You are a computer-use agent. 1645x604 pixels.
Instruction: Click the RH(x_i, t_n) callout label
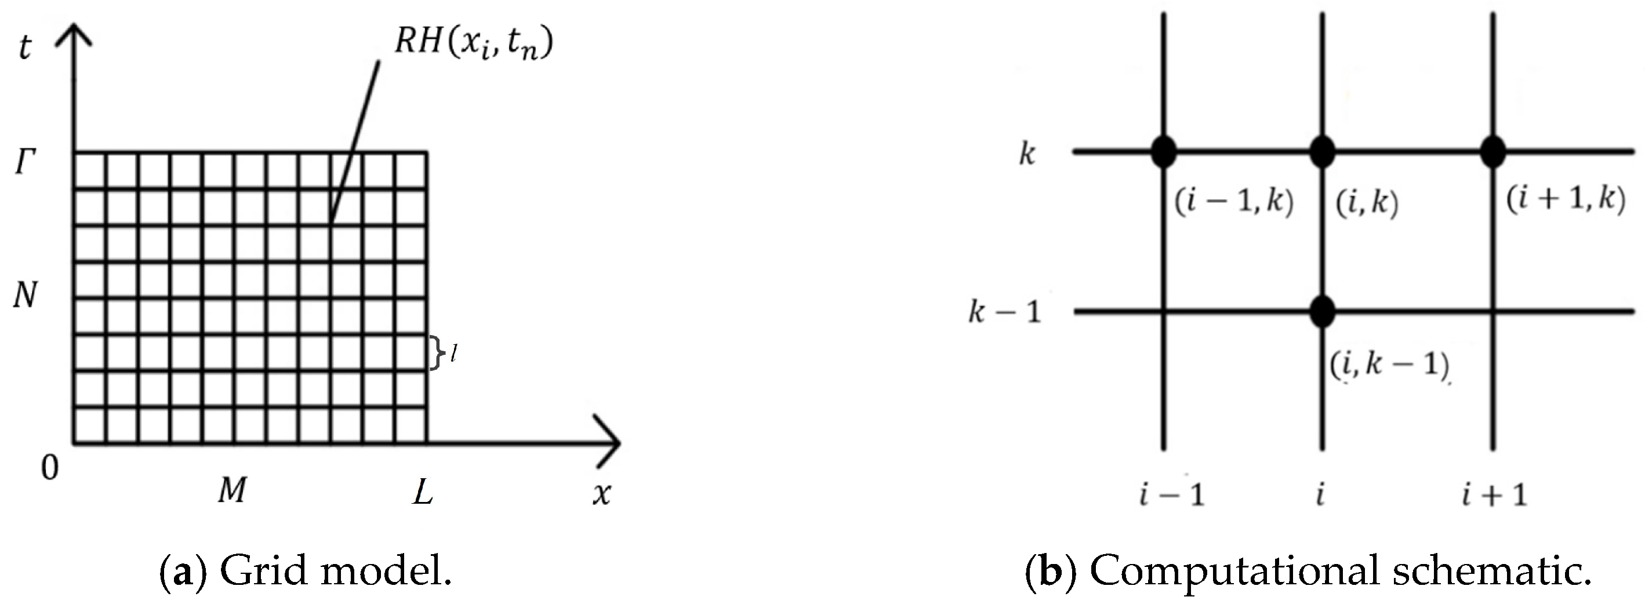coord(473,43)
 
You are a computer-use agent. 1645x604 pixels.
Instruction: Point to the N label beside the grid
coord(25,296)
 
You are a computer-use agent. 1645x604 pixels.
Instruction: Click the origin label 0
coord(49,468)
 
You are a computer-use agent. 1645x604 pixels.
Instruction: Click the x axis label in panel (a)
coord(601,493)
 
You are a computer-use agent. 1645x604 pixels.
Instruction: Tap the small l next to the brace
coord(453,353)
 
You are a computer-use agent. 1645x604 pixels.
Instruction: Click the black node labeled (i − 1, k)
coord(1164,152)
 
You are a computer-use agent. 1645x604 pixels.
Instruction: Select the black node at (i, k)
coord(1322,152)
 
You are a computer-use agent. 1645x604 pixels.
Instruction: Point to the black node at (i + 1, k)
coord(1493,152)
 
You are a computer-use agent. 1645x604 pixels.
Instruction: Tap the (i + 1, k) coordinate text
coord(1565,200)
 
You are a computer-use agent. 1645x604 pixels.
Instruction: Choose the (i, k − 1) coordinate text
coord(1389,365)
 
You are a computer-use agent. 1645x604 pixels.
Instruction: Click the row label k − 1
coord(1004,312)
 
